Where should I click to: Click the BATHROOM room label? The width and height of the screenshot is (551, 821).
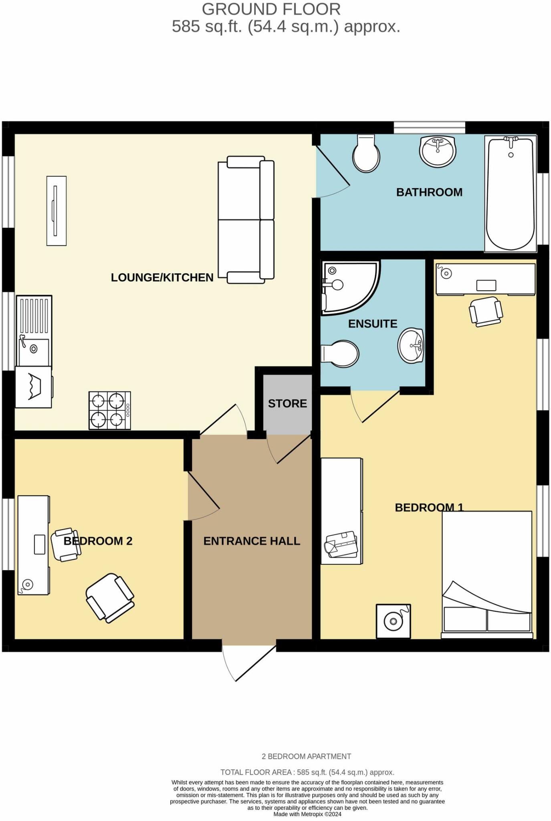[429, 192]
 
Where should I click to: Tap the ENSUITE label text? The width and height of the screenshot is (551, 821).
[372, 324]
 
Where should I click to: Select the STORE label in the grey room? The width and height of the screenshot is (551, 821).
[287, 403]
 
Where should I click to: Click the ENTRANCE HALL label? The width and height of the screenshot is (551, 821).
[252, 541]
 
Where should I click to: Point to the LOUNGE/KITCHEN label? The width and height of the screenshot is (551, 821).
[162, 277]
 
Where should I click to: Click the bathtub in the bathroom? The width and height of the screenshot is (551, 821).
[511, 194]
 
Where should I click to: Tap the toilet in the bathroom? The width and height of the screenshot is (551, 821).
[366, 154]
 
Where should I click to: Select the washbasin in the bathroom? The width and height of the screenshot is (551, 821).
[438, 151]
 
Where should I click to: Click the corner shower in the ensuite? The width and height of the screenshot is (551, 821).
[347, 286]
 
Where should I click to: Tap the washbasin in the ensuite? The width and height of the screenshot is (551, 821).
[411, 346]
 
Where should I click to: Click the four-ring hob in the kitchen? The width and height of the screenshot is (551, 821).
[109, 410]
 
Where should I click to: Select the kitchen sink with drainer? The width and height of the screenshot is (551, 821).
[34, 331]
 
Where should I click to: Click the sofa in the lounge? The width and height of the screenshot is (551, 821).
[246, 220]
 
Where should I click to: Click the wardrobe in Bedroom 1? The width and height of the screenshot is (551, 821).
[341, 511]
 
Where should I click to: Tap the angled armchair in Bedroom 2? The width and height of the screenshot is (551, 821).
[110, 597]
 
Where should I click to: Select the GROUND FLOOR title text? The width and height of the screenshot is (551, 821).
[271, 9]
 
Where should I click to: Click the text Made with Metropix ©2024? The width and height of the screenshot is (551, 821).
[307, 814]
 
